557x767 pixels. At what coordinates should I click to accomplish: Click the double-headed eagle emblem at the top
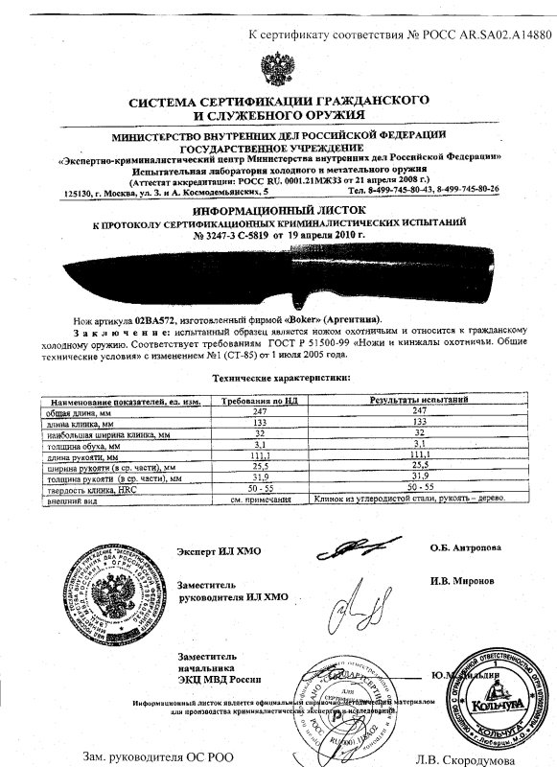click(x=277, y=70)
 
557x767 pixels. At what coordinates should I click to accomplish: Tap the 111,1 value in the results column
click(x=402, y=458)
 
